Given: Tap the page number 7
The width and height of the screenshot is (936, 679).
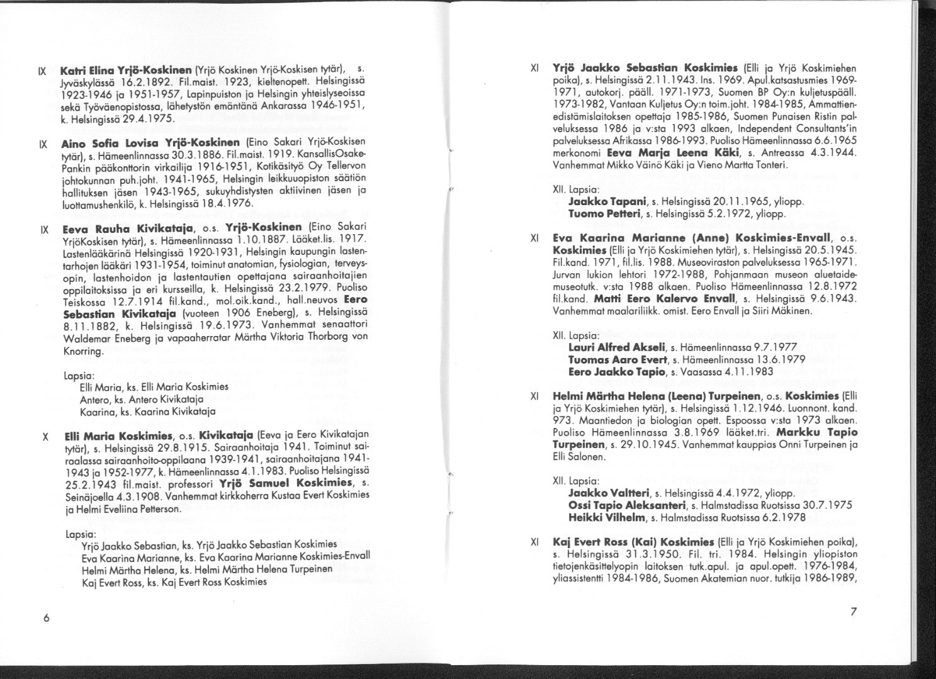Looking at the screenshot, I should click(x=854, y=611).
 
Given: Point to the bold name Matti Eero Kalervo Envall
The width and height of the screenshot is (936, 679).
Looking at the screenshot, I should click(x=673, y=299).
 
